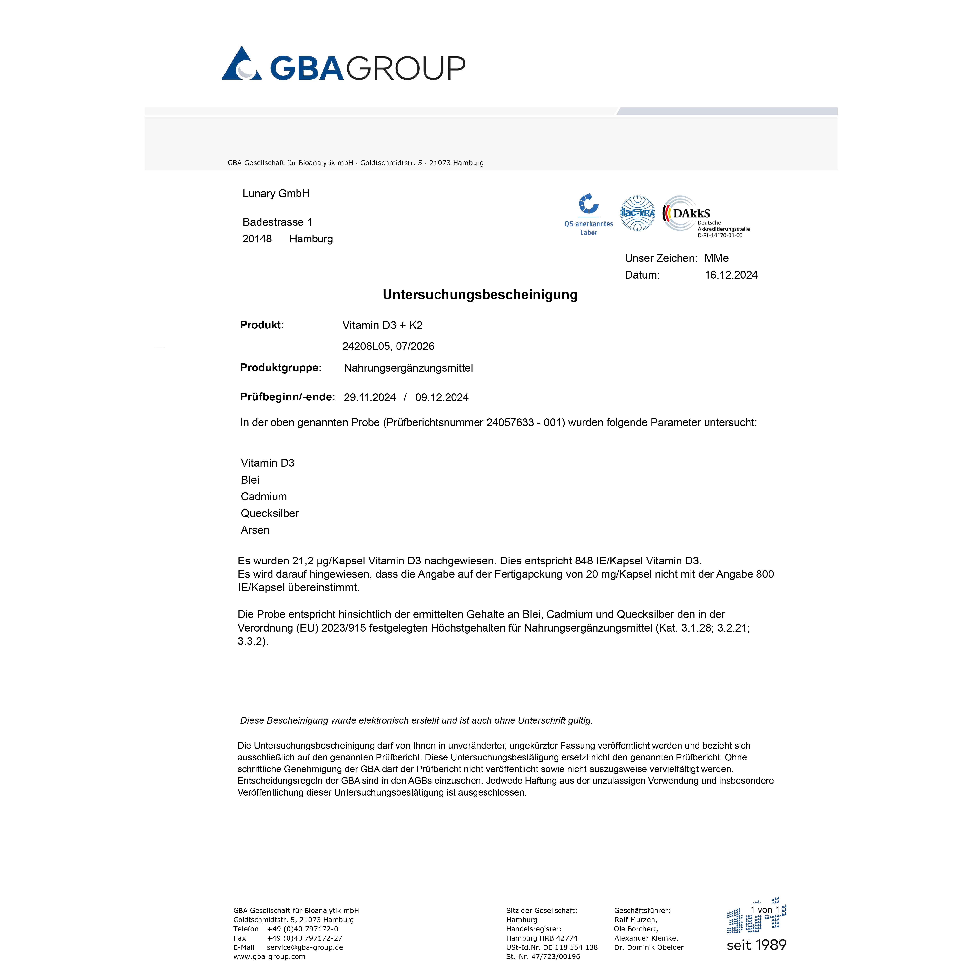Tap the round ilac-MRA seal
[x=638, y=213]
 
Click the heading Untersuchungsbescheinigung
[x=480, y=295]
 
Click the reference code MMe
[x=716, y=258]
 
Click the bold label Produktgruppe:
[x=280, y=368]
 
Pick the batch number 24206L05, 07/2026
[x=388, y=347]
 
